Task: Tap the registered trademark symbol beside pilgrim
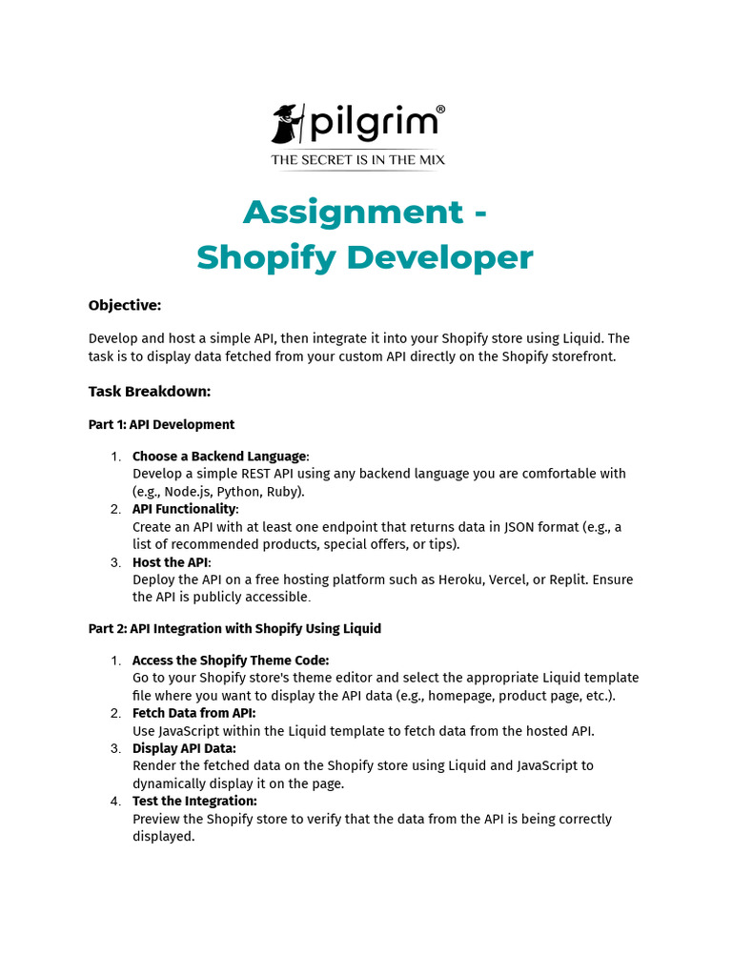tap(440, 111)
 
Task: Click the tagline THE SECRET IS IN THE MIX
tap(357, 159)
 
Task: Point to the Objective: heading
tap(125, 305)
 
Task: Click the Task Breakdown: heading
tap(150, 391)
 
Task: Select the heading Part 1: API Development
tap(161, 424)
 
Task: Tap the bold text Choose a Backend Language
tap(219, 457)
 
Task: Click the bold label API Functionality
tap(184, 509)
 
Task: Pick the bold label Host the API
tap(171, 562)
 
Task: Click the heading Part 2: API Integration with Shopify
tap(234, 628)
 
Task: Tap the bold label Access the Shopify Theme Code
tap(230, 660)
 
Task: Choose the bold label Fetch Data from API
tap(193, 713)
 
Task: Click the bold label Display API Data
tap(184, 748)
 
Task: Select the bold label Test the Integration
tap(194, 801)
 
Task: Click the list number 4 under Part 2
tap(114, 801)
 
